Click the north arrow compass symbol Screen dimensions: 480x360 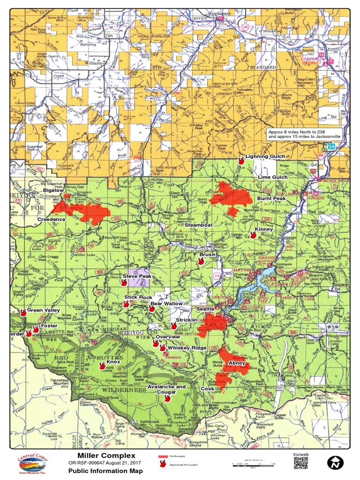click(x=335, y=463)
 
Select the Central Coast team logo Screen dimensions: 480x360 click(x=32, y=464)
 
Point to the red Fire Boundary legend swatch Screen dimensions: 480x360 click(x=163, y=456)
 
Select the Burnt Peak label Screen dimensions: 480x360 click(x=271, y=199)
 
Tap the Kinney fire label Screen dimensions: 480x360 click(x=264, y=229)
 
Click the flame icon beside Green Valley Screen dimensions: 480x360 click(x=23, y=312)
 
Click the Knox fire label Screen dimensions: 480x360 click(x=113, y=362)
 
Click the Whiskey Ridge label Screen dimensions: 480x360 click(x=187, y=348)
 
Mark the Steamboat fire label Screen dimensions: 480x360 click(x=198, y=225)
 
